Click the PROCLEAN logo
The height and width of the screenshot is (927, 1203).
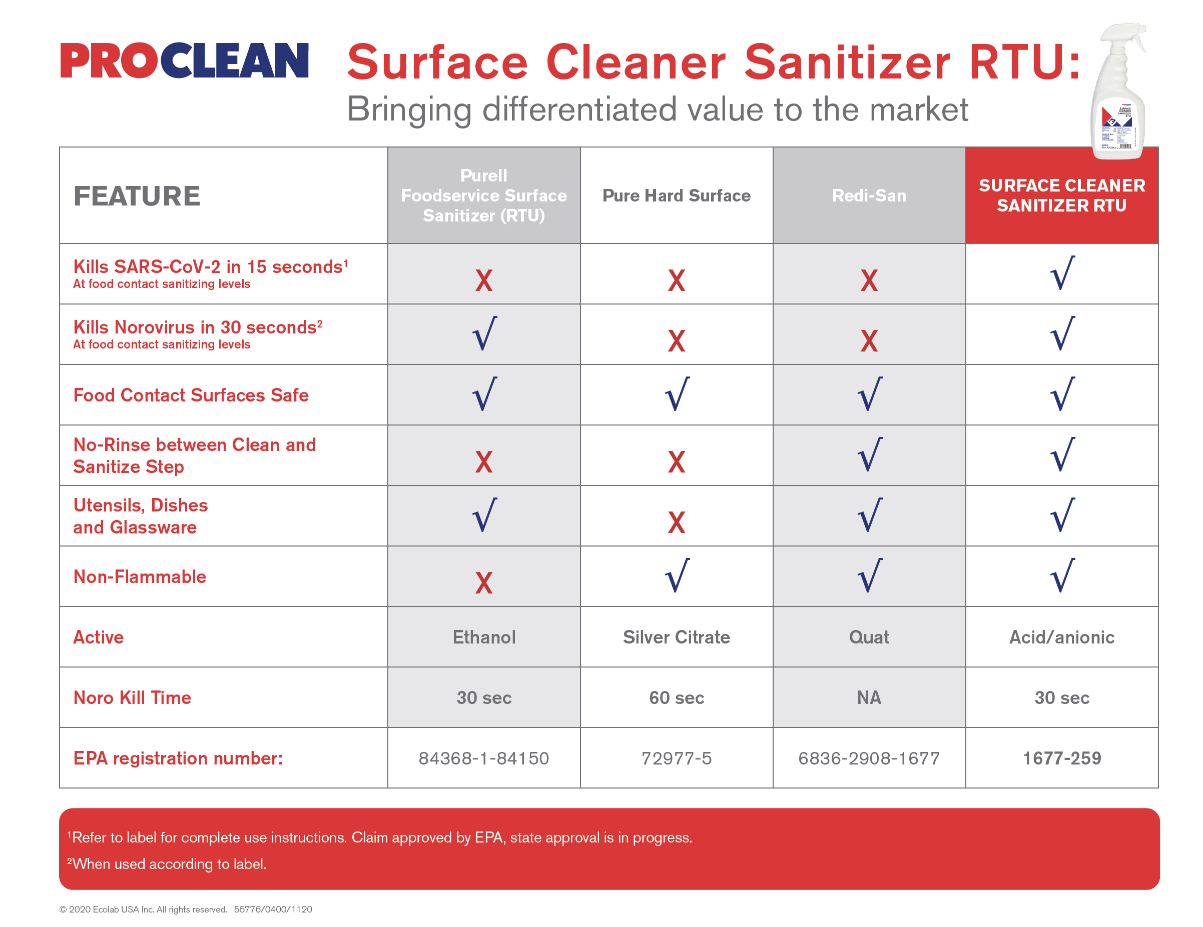[184, 60]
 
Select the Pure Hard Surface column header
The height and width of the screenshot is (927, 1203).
[676, 195]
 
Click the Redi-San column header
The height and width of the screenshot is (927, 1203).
[869, 195]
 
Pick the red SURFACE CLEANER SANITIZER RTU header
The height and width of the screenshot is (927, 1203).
[1061, 195]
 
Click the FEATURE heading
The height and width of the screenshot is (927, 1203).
[137, 196]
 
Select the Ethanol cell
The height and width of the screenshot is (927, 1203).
[483, 637]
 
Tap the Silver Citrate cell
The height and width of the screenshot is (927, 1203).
[676, 637]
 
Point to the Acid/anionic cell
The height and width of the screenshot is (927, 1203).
[1061, 637]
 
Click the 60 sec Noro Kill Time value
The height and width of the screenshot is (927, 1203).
[676, 697]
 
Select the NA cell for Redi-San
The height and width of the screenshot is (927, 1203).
[869, 697]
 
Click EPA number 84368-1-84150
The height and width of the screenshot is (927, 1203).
[483, 758]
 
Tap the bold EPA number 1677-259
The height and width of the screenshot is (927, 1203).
[1061, 758]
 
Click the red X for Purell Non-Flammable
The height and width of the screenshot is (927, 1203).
[483, 582]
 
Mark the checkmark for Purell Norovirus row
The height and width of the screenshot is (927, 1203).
[484, 333]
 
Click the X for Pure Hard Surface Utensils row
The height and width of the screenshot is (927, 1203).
[676, 522]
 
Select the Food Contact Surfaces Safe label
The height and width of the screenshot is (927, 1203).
[191, 394]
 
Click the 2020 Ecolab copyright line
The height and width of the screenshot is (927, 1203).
[185, 909]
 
